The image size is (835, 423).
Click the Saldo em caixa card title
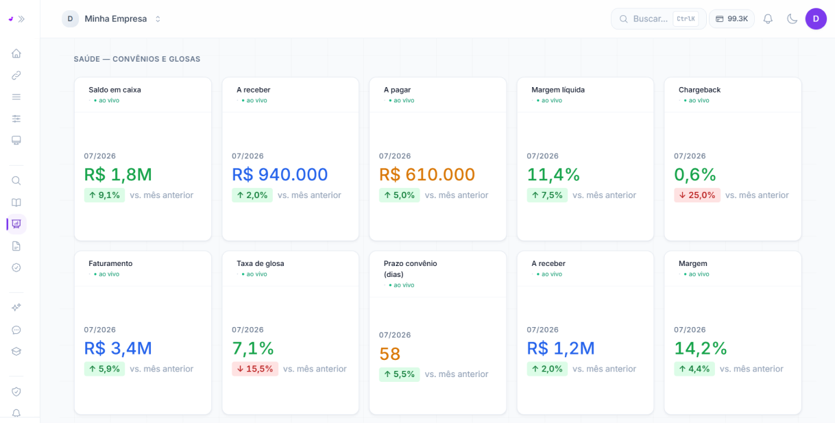[x=114, y=90]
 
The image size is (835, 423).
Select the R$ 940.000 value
[x=280, y=174]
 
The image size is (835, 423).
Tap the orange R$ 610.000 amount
[x=427, y=174]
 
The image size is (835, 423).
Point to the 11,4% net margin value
[x=553, y=174]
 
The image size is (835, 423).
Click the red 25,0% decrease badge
[x=697, y=195]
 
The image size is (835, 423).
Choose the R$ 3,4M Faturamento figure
[x=118, y=348]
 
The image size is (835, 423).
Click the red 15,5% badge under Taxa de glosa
[x=255, y=369]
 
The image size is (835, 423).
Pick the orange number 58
[x=389, y=354]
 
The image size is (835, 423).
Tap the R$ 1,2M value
[x=560, y=348]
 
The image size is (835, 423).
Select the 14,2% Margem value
[x=701, y=348]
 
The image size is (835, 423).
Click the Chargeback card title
[x=699, y=90]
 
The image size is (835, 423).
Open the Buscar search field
[x=658, y=19]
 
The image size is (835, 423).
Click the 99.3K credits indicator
[x=731, y=19]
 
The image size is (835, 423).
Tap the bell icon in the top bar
[x=768, y=19]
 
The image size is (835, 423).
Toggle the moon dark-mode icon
[x=792, y=19]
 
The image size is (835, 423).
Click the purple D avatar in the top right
[x=816, y=19]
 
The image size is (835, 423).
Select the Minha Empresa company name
[x=116, y=19]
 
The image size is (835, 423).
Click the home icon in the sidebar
[x=16, y=53]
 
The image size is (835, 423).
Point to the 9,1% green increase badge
[x=104, y=195]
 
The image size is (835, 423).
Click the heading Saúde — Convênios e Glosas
[x=137, y=59]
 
